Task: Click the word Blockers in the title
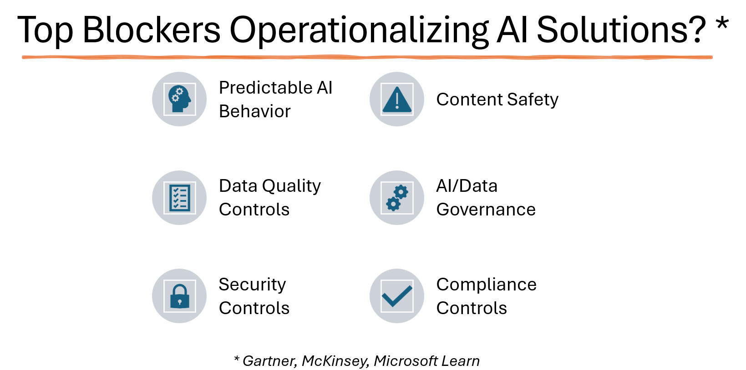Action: [x=151, y=30]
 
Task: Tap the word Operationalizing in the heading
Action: [x=359, y=32]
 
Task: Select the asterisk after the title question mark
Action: [x=722, y=24]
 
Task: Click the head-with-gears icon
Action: [x=179, y=99]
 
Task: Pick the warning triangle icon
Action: [x=397, y=100]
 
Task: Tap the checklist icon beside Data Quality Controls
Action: [x=180, y=198]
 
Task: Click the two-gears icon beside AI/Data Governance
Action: [x=397, y=198]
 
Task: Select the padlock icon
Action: [x=180, y=296]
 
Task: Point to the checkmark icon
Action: [x=397, y=296]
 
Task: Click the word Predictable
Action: [x=265, y=88]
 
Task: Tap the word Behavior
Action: [x=255, y=111]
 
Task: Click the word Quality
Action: [x=291, y=186]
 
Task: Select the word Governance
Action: [x=486, y=210]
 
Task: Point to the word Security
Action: [x=252, y=285]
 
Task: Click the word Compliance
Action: [x=487, y=285]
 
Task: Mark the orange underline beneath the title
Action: [x=367, y=57]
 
